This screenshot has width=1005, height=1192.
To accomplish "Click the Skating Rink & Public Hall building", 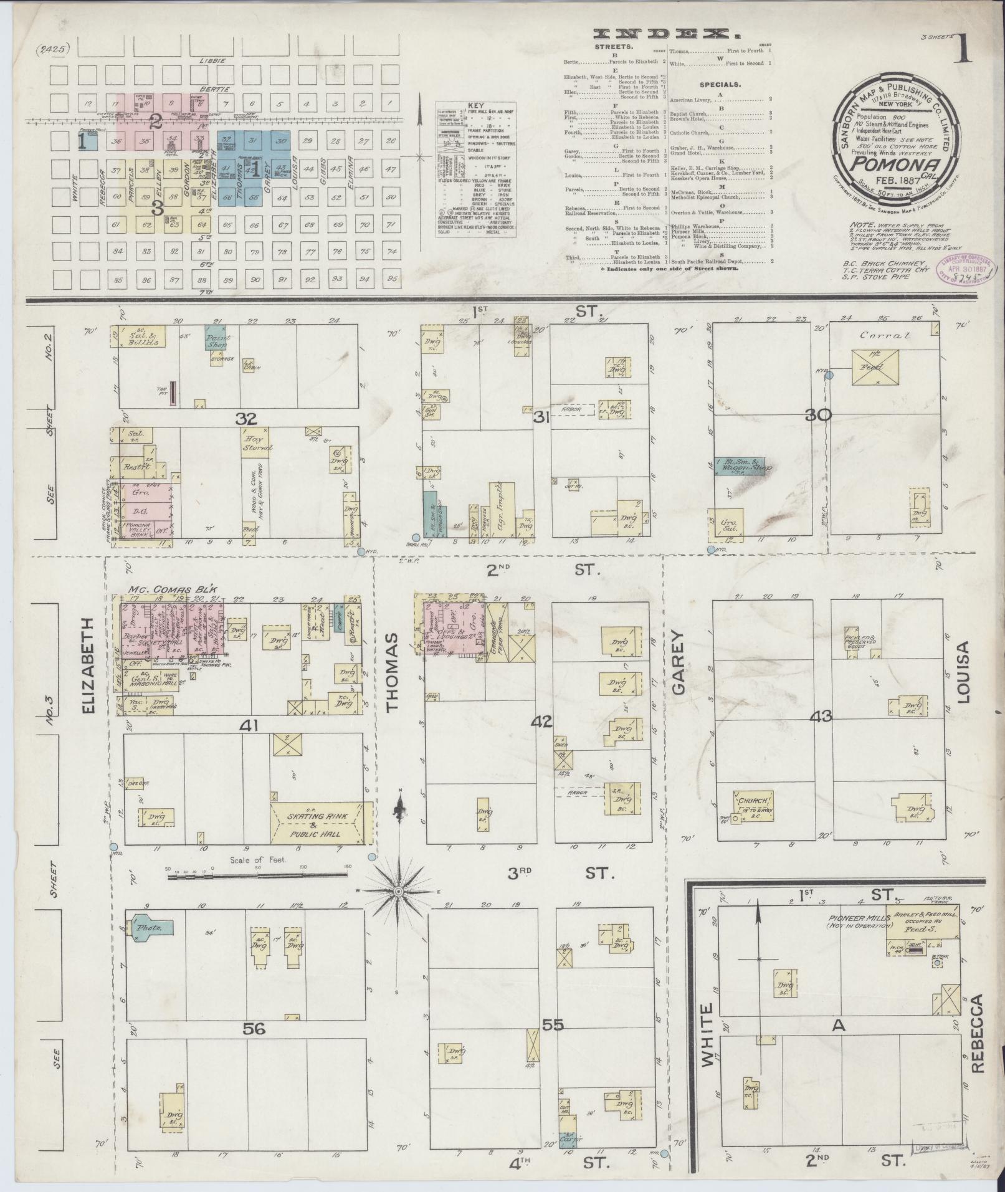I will click(320, 822).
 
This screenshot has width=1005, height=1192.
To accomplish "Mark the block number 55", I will click(553, 1023).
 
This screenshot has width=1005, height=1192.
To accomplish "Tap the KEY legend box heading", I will click(475, 106).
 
